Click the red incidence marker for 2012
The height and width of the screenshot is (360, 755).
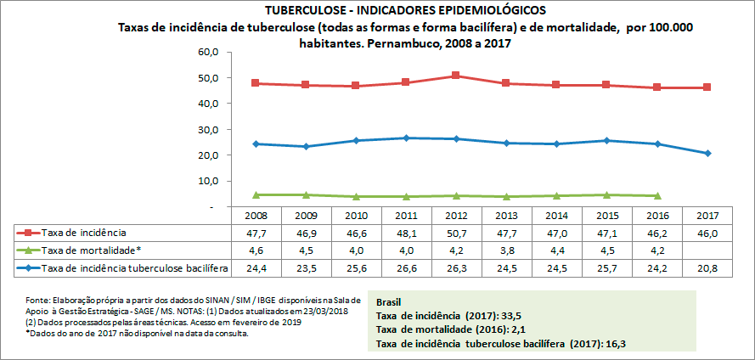tap(456, 76)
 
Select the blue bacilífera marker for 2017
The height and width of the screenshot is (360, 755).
tap(706, 153)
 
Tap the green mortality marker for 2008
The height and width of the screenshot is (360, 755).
tap(256, 194)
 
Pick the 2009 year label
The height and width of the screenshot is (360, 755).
tap(306, 215)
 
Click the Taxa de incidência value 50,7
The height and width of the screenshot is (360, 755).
tap(456, 231)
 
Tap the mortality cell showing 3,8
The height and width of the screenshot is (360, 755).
tap(506, 250)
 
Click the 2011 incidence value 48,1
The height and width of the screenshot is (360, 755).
tap(406, 231)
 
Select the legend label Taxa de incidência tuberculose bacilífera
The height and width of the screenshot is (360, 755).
tap(135, 268)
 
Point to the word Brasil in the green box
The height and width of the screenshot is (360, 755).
tap(389, 301)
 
